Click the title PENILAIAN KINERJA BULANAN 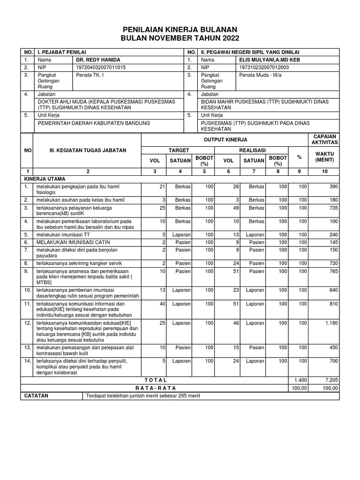(180, 29)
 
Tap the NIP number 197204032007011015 (101, 67)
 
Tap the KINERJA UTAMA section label (45, 179)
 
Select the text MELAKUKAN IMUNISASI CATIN (69, 242)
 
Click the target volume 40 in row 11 (163, 304)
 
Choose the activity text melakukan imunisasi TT (63, 234)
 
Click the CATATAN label (36, 396)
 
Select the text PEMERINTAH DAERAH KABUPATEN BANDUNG (93, 123)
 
